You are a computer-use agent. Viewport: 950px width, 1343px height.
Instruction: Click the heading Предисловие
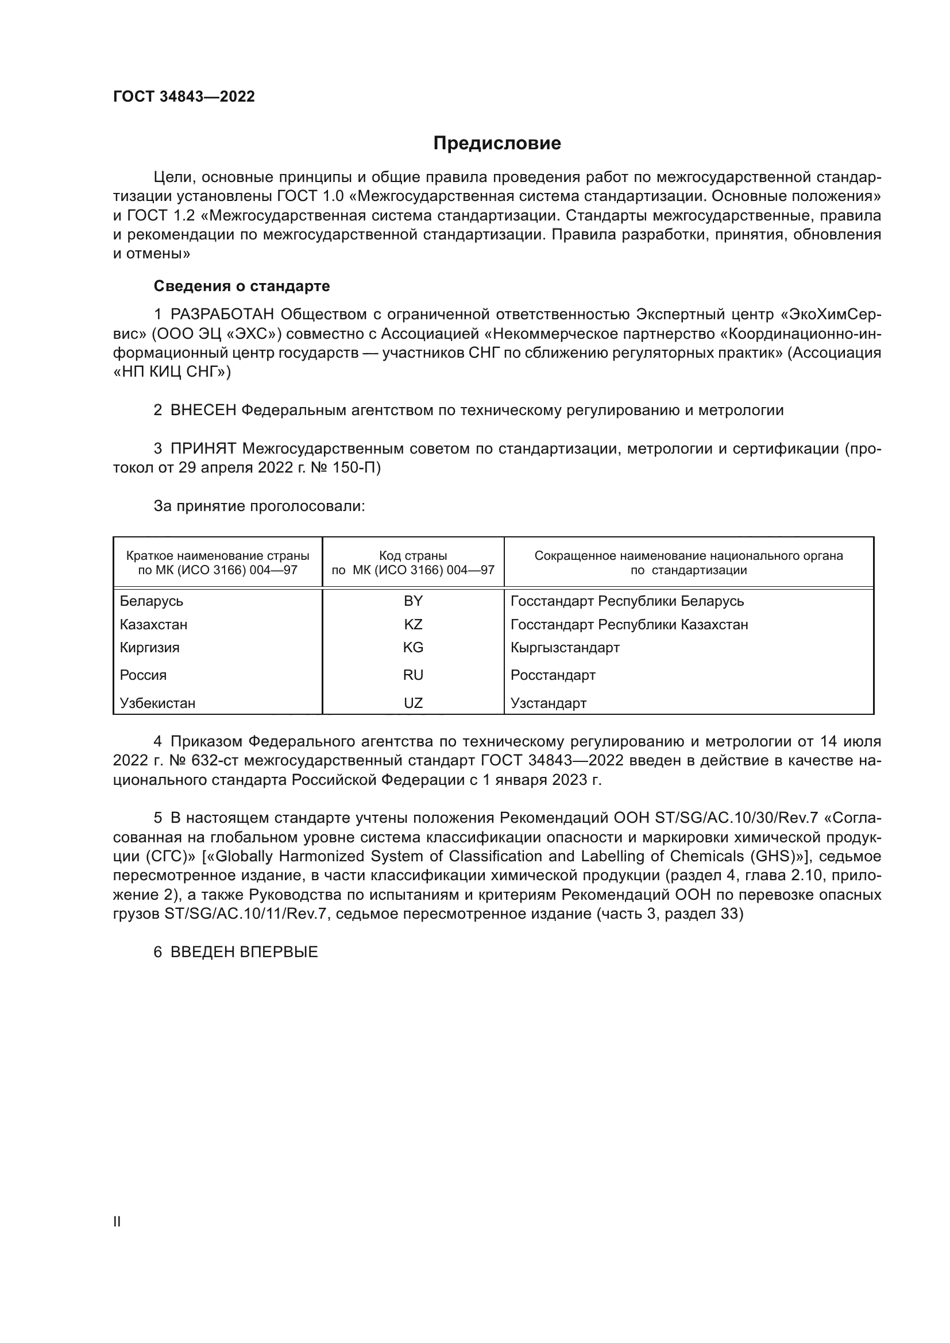point(497,144)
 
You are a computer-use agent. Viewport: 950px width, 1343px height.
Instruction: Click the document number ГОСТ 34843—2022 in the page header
point(184,96)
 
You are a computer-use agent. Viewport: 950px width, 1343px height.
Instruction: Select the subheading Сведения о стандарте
point(242,286)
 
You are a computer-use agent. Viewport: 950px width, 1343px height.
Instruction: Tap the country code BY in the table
point(413,601)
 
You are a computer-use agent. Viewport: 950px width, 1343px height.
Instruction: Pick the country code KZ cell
point(413,624)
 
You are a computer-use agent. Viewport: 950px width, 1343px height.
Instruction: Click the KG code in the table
point(413,648)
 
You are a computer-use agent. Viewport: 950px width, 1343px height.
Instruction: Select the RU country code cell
point(413,675)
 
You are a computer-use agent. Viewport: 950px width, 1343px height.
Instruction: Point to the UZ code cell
point(413,703)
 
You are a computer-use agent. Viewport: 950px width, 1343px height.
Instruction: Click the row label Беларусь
point(152,601)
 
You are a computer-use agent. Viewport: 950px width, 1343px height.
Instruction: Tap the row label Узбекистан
point(157,703)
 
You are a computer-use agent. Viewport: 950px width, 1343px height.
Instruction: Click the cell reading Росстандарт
point(553,675)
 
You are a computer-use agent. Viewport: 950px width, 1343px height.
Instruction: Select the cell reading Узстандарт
point(548,703)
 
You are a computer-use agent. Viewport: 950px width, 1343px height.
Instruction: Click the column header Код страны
point(413,556)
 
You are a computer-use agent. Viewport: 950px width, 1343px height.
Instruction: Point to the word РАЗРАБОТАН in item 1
point(223,315)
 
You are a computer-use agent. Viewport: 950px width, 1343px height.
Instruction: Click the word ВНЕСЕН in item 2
point(203,411)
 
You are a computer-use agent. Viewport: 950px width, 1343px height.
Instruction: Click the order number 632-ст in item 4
point(215,760)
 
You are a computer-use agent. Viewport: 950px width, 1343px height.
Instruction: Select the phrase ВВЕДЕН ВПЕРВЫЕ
point(244,952)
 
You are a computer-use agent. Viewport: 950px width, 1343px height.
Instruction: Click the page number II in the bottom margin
point(117,1221)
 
